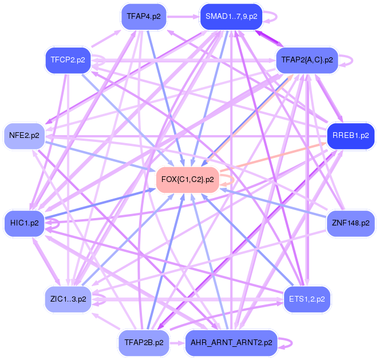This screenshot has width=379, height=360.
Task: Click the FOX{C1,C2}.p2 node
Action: (188, 179)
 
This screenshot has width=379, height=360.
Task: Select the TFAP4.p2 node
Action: (144, 17)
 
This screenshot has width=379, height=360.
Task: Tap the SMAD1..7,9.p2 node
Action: (231, 17)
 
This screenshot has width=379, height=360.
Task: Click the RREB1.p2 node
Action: (350, 136)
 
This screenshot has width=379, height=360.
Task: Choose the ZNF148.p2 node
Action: (350, 222)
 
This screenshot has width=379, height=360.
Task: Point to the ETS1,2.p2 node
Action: (307, 298)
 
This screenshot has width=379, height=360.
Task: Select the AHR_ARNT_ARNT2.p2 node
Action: (231, 343)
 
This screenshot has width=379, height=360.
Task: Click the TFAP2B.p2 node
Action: (144, 342)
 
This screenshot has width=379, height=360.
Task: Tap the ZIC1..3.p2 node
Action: (68, 298)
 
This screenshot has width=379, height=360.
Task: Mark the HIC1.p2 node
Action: (25, 222)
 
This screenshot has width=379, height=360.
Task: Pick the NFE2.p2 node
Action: (25, 136)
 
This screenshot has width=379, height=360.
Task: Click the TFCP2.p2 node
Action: (68, 60)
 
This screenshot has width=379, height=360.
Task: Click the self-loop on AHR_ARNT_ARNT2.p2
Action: (291, 343)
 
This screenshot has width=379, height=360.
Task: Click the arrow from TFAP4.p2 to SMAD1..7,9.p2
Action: (183, 17)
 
